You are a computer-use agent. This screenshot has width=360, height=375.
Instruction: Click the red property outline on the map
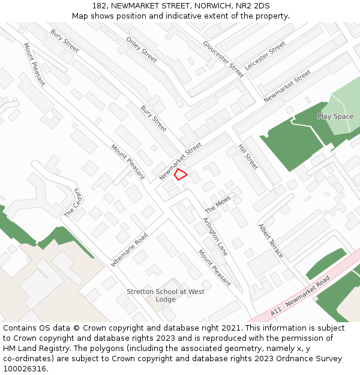180,175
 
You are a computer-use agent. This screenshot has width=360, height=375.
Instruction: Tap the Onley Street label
142,50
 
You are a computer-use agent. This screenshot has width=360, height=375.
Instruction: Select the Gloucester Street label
223,59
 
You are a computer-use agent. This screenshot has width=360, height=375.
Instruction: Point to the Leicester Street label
265,56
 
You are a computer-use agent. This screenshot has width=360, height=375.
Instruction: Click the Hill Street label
248,157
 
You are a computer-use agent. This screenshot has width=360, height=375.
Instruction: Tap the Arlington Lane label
215,236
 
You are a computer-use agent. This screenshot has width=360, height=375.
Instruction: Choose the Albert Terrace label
270,241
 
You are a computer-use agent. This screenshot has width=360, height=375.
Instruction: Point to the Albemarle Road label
130,248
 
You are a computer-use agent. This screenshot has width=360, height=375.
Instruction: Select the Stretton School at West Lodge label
166,295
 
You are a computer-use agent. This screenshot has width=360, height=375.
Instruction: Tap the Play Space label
335,116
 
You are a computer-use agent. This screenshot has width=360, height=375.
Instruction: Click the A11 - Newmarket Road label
300,296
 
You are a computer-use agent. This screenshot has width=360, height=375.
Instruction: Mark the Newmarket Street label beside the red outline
181,161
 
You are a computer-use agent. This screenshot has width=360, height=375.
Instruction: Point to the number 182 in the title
99,6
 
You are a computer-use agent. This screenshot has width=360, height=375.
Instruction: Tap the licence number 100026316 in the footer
24,368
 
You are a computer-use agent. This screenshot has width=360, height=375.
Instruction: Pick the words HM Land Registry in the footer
30,349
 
